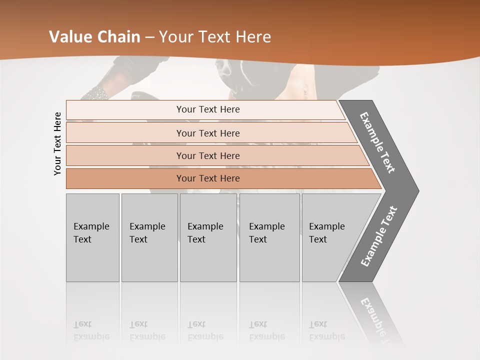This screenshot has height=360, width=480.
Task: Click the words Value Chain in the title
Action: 94,36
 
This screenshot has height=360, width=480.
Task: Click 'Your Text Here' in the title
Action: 215,36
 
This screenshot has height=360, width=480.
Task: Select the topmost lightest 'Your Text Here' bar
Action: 208,109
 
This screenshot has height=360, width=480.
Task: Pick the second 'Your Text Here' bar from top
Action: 208,133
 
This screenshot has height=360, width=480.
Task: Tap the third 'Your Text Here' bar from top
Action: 208,155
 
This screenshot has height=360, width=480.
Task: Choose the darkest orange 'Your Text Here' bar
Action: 208,178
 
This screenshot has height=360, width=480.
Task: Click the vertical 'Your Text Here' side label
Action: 57,143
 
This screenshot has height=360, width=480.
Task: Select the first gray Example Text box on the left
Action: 92,237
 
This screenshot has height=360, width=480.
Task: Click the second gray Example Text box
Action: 149,237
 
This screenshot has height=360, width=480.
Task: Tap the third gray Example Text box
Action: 208,237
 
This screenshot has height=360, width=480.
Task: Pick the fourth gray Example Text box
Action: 269,237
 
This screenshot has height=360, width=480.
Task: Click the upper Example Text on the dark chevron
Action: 378,142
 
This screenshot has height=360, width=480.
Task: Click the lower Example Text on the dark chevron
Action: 379,236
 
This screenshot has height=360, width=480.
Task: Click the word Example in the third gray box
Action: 205,226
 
